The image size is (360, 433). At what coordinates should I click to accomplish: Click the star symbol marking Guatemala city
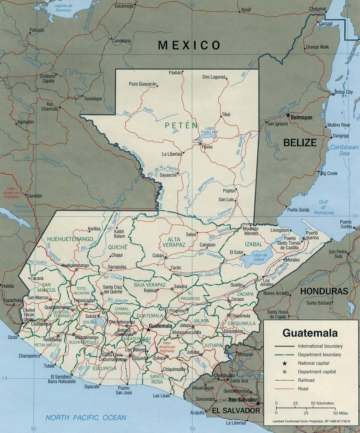(148, 330)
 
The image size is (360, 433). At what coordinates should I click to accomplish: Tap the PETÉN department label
(181, 126)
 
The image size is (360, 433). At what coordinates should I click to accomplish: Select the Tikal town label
(226, 114)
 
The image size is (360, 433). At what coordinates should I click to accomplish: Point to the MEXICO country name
(189, 45)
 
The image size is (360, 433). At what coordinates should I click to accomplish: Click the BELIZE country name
(300, 142)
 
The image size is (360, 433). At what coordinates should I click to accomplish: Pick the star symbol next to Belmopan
(288, 116)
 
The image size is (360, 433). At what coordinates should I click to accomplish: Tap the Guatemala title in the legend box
(310, 332)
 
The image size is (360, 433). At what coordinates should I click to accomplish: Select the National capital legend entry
(314, 363)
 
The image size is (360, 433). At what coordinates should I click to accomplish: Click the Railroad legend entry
(306, 380)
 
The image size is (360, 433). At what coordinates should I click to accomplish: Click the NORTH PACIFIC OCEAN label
(86, 418)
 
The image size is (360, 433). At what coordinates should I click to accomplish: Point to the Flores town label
(207, 147)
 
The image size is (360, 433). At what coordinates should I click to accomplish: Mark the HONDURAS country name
(324, 291)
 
